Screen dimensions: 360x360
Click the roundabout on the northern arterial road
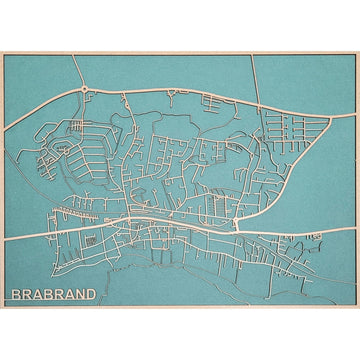click(x=85, y=90)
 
